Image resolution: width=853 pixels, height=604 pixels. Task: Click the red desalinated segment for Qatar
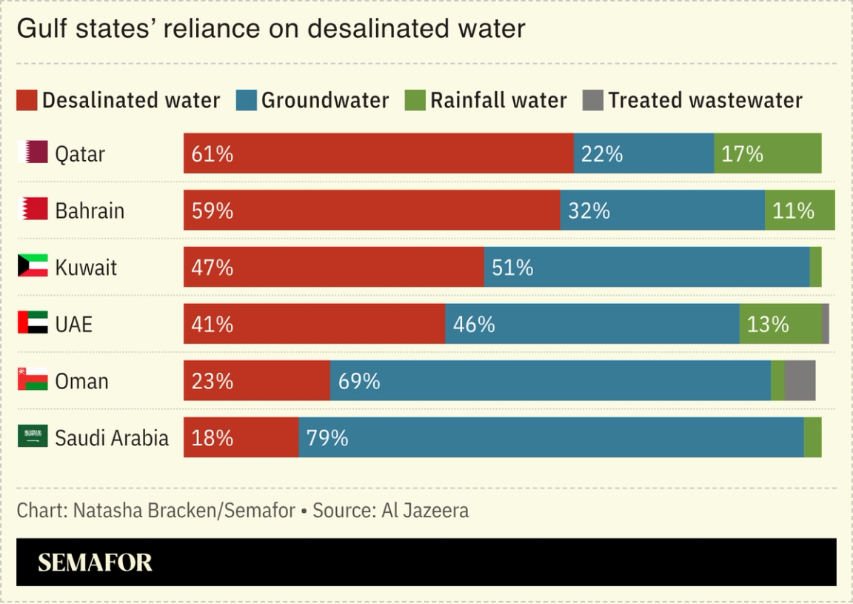378,153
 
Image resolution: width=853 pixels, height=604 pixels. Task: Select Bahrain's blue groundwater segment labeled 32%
662,210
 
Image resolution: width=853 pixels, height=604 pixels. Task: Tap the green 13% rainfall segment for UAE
780,324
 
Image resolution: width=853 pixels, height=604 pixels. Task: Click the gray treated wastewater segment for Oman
800,381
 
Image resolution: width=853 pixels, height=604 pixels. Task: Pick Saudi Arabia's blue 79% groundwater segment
551,437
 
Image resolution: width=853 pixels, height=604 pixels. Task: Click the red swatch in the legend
27,101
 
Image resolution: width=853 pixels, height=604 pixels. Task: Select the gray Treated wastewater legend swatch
593,101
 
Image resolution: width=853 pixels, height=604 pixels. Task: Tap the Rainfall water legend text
498,101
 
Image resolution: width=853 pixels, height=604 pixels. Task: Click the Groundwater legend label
325,101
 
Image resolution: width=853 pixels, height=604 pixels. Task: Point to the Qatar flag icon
33,153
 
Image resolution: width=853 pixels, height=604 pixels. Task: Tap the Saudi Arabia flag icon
33,437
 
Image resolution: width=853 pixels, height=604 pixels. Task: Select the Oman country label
81,381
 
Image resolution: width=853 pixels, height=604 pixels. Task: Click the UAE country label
73,324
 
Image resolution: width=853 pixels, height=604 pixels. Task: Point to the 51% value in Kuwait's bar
512,268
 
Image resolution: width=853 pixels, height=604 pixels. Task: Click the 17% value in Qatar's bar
742,153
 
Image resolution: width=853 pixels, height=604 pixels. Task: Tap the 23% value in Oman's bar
213,381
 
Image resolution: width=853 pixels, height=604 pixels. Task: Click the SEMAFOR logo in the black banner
95,562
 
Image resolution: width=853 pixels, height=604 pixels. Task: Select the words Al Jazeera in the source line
425,511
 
